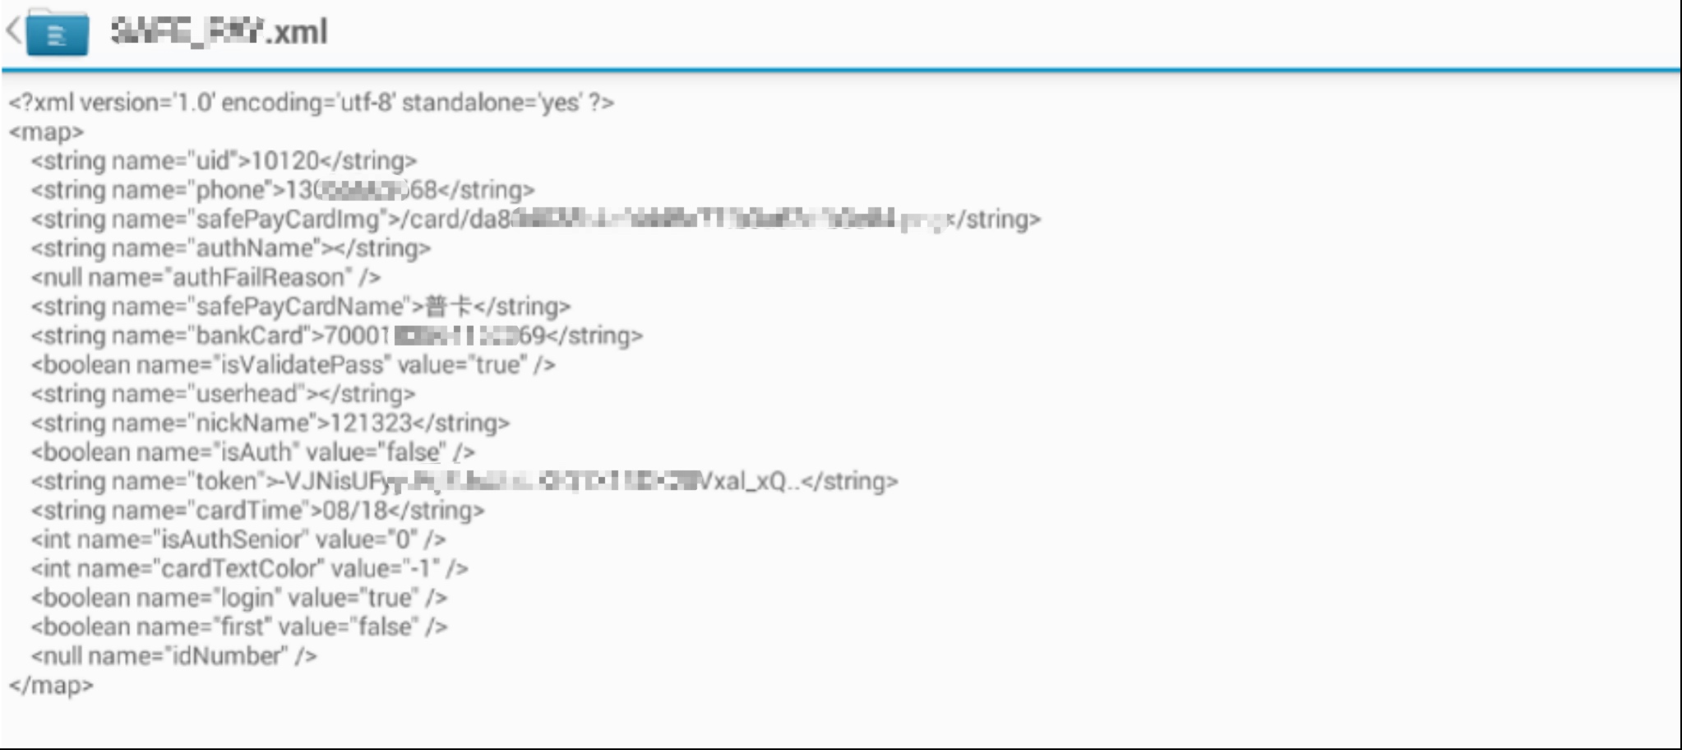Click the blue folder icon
click(x=57, y=33)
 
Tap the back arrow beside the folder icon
click(x=13, y=31)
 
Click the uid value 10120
click(x=284, y=160)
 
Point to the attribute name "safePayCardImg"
click(x=288, y=220)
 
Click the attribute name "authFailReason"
click(x=258, y=277)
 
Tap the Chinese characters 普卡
click(x=448, y=307)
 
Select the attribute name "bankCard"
click(x=249, y=336)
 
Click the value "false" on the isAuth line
click(x=416, y=452)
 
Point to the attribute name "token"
click(x=226, y=481)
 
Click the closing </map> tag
click(x=51, y=685)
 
